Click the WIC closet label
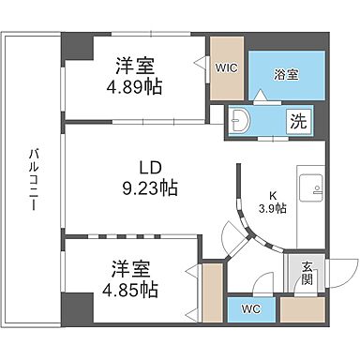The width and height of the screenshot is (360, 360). pyautogui.click(x=226, y=67)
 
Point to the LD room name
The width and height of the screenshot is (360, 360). pyautogui.click(x=152, y=168)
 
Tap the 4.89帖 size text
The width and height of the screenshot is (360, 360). pyautogui.click(x=135, y=82)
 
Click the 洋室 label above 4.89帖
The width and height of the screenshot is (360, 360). pyautogui.click(x=135, y=64)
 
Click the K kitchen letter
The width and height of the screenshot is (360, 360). pyautogui.click(x=264, y=196)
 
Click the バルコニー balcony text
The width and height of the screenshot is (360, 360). pyautogui.click(x=32, y=177)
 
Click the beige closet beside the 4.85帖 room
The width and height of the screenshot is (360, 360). pyautogui.click(x=212, y=292)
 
